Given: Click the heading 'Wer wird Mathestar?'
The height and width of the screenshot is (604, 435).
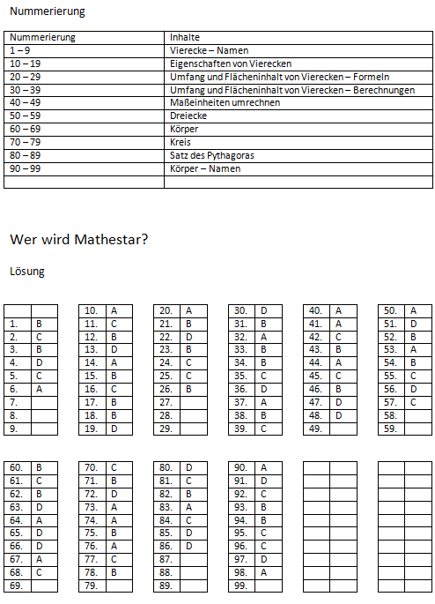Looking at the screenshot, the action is [x=78, y=239].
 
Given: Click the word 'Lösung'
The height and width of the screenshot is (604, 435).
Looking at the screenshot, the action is [x=26, y=272].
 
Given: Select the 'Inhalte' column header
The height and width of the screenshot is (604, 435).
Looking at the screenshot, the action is [x=185, y=37].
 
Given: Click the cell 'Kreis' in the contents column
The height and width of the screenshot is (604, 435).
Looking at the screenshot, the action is [x=180, y=142].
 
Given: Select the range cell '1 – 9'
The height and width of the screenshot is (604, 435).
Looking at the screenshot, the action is [x=19, y=50].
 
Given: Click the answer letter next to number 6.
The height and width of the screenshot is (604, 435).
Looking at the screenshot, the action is [x=39, y=389].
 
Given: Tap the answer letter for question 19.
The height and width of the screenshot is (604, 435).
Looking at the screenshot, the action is [x=114, y=429].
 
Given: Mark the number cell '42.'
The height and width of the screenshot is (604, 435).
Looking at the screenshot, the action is [x=314, y=337].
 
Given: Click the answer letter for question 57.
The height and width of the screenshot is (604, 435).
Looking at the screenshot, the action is [x=414, y=402].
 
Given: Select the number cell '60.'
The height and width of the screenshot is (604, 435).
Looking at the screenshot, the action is [x=16, y=467].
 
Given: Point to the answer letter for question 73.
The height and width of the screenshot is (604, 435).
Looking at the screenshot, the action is [x=114, y=507].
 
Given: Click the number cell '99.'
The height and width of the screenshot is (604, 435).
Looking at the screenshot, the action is [x=240, y=585].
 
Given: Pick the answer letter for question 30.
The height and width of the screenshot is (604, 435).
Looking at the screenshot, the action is [x=264, y=310].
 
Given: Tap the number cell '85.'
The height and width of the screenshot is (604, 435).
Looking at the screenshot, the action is [x=166, y=533].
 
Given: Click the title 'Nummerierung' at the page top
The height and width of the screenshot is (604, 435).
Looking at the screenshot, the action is [x=48, y=11].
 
